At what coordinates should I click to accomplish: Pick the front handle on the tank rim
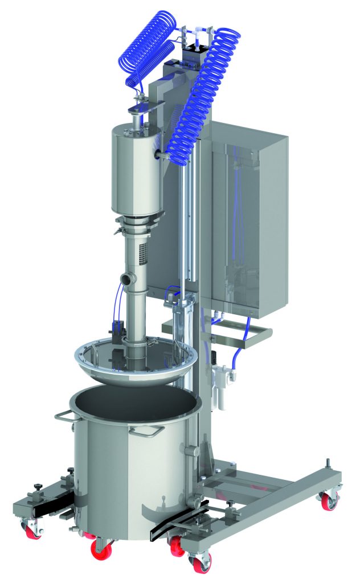(143, 431)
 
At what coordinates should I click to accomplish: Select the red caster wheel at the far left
(30, 531)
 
